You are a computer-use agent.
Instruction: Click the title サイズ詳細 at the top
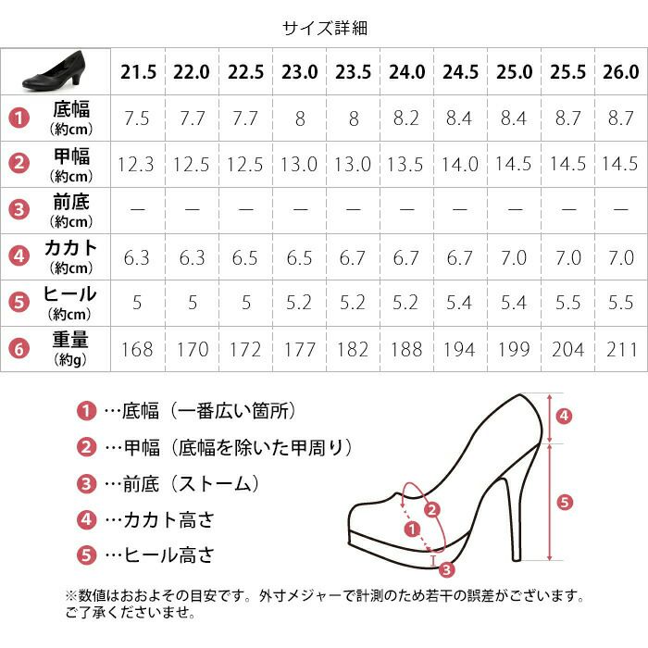click(325, 28)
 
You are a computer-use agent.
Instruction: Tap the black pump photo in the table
click(55, 71)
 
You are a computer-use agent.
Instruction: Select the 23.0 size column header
click(300, 72)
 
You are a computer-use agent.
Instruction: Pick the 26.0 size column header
click(621, 72)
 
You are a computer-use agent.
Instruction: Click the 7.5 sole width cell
click(137, 118)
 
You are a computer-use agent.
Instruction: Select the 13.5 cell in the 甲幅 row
click(405, 165)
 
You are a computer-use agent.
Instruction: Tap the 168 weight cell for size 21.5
click(137, 350)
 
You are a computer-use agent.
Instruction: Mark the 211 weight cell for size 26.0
click(621, 350)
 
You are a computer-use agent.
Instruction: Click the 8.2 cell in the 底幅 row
click(405, 118)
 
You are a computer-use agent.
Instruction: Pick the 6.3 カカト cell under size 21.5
click(136, 258)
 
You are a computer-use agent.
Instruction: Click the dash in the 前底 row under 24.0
click(407, 209)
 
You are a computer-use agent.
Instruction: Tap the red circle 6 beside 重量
click(19, 349)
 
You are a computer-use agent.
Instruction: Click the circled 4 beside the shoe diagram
click(565, 416)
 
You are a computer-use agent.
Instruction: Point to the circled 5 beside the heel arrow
click(565, 503)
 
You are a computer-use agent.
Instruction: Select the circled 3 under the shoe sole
click(447, 570)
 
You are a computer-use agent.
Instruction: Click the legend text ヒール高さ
click(169, 555)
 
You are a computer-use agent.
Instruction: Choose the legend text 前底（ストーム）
click(192, 483)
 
